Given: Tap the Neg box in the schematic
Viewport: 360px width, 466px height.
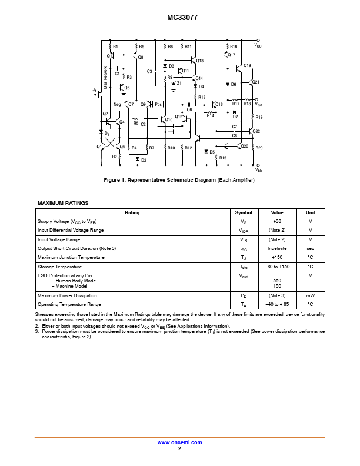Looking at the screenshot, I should point(118,104).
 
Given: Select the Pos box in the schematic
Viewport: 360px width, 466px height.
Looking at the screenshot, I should point(158,104).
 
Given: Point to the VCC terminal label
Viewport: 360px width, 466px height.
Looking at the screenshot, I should point(258,45).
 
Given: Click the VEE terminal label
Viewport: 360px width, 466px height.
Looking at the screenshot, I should point(258,169).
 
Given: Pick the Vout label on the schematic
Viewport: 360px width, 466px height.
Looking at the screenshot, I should point(258,104).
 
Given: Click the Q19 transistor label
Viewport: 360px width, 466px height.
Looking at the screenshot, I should point(247,65).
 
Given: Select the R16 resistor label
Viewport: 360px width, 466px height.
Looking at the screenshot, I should point(234,46).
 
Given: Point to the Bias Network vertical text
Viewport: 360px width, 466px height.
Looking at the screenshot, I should point(106,77).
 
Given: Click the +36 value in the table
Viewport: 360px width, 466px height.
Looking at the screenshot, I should point(277,221).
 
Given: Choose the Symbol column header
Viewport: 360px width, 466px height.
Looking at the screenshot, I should point(244,212).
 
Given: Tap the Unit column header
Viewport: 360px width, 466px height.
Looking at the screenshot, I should point(310,212).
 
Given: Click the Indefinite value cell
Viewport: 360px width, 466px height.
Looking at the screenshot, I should point(277,248).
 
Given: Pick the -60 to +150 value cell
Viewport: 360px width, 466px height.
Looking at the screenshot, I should point(277,267).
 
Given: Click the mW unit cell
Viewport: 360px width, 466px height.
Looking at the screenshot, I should point(310,295).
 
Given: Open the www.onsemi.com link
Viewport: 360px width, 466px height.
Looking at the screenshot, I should point(180,442).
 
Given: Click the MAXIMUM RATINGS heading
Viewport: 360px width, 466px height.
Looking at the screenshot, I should point(63,203).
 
